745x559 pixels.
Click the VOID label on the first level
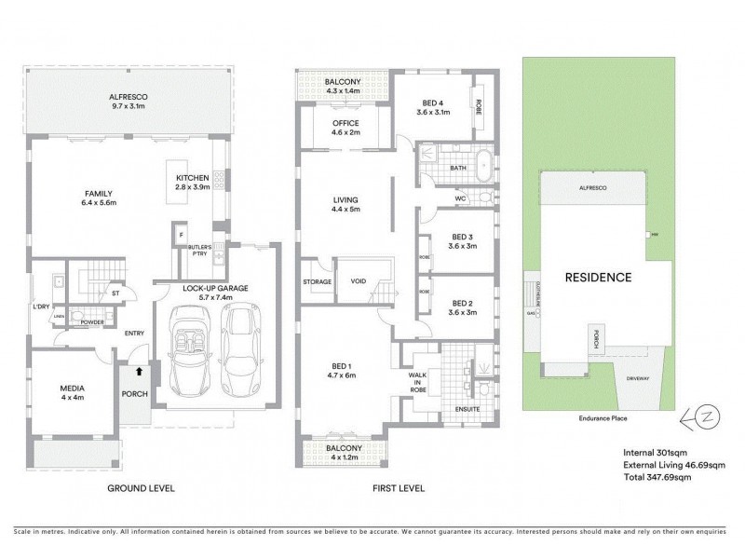[359, 280]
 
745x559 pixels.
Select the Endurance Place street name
[603, 418]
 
